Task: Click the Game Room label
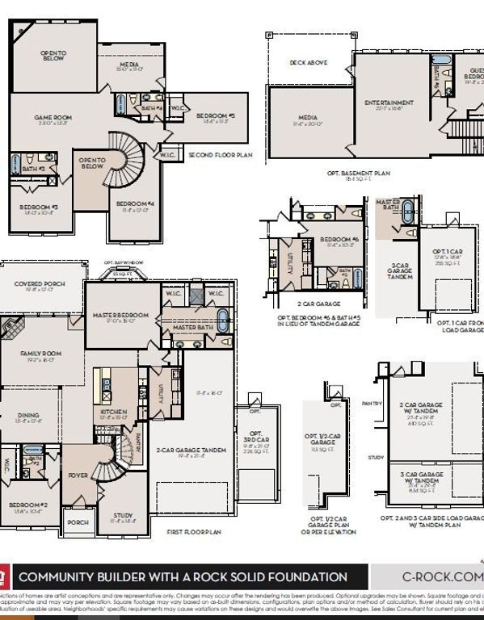click(53, 118)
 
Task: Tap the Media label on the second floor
click(130, 65)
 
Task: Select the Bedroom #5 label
click(215, 116)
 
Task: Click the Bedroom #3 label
click(39, 207)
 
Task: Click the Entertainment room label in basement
click(389, 103)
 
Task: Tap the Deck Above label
click(309, 61)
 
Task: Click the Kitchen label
click(114, 412)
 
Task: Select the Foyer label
click(78, 475)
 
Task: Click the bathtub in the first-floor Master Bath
click(223, 315)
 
